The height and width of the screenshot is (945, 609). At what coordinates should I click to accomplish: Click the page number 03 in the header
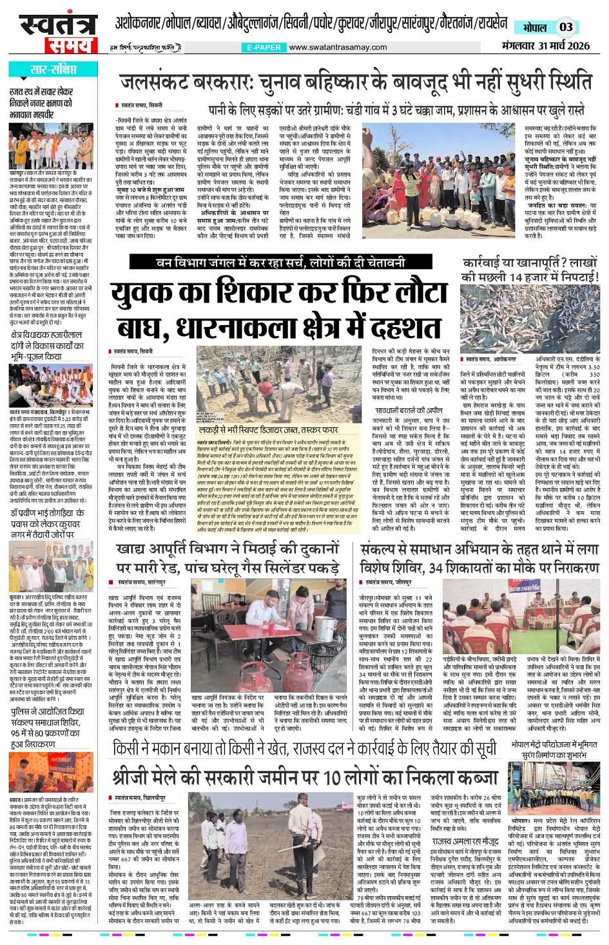point(566,27)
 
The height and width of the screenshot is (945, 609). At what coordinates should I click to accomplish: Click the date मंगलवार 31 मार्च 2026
point(546,46)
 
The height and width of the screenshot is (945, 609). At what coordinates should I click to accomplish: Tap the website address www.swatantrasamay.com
point(338,48)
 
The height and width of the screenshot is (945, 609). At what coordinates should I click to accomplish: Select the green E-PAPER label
point(264,48)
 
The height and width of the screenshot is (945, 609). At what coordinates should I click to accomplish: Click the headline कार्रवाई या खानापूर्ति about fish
point(530,270)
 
